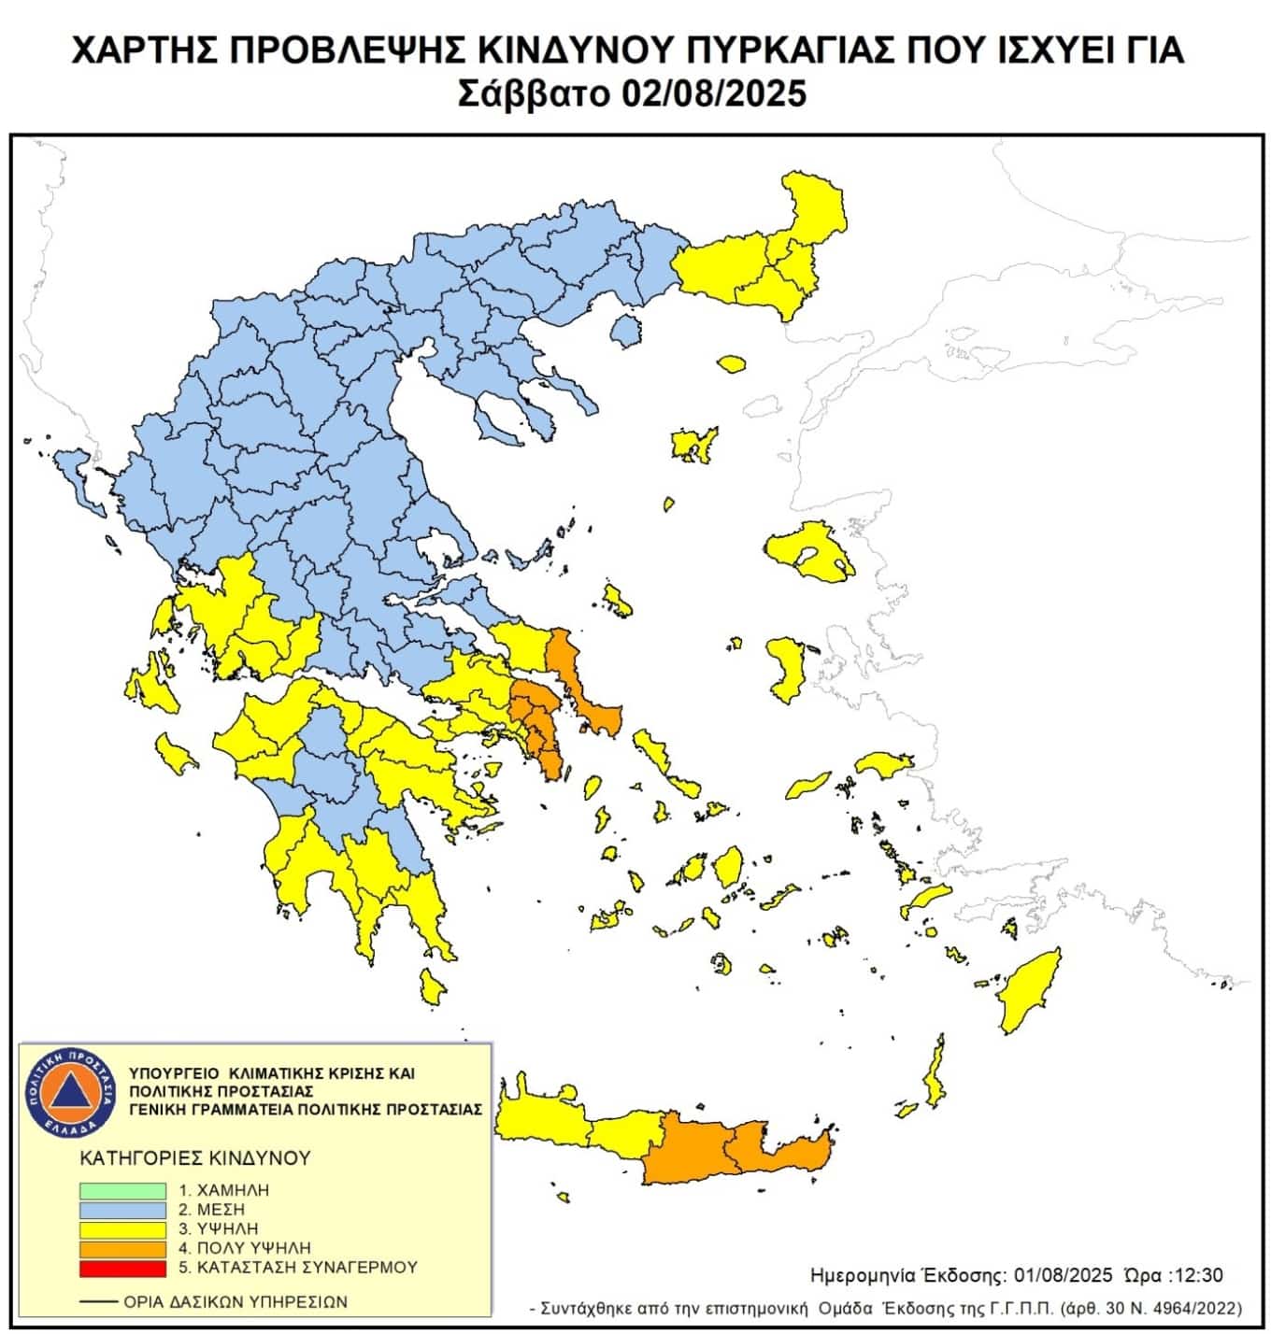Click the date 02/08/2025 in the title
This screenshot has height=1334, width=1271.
[711, 94]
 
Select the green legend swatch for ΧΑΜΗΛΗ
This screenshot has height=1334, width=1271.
[122, 1191]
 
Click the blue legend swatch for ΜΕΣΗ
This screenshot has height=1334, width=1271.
[122, 1210]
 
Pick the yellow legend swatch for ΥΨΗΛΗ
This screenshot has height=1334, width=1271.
[122, 1229]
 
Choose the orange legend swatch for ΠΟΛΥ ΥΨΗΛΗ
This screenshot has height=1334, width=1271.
[122, 1248]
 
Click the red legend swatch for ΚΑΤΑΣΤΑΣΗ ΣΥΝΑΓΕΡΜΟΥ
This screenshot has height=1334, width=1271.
[122, 1268]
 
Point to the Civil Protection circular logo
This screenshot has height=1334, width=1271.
[71, 1092]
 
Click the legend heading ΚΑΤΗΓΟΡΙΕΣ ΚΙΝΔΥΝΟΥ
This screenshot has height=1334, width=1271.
[195, 1158]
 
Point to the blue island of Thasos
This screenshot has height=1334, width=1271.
[625, 330]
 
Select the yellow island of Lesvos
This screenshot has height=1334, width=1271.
[804, 551]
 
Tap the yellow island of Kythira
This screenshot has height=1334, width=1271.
[432, 986]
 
